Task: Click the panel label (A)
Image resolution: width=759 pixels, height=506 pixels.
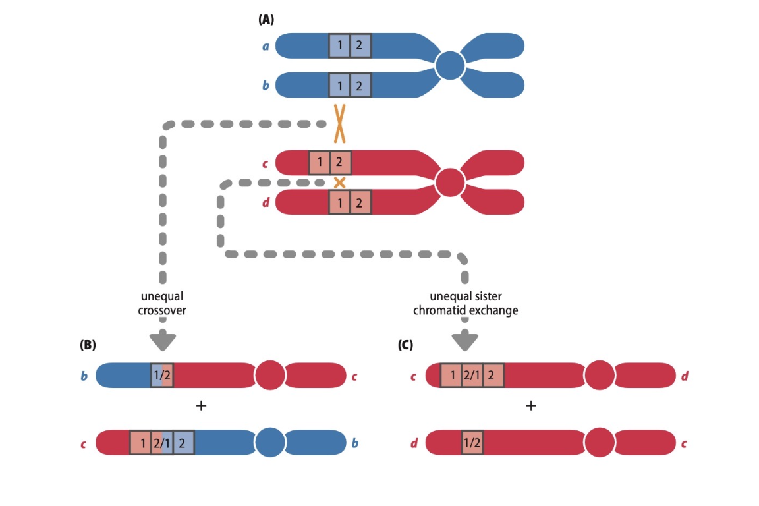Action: coord(266,20)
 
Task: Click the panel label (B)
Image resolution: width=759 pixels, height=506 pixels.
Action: coord(88,344)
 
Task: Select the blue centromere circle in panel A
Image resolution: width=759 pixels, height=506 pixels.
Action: coord(451,65)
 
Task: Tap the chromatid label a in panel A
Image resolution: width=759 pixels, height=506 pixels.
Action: coord(265,47)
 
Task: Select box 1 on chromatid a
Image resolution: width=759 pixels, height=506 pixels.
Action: coord(340,46)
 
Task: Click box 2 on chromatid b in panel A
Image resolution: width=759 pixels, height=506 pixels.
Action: coord(360,86)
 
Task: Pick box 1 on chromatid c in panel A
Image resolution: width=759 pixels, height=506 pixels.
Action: coord(320,162)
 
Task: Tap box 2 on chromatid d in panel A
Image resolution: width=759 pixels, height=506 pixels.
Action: coord(360,202)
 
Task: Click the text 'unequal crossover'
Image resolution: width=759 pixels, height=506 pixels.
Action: coord(162,304)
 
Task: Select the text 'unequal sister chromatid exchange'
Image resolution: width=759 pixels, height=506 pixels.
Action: coord(465,304)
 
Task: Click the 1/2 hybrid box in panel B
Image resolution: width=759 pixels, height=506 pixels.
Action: coord(162,376)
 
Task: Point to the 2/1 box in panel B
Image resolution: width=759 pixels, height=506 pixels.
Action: coord(162,442)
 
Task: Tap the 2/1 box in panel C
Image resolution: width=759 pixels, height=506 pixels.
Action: coord(472,376)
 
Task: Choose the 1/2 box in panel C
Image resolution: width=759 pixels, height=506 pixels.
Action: coord(472,442)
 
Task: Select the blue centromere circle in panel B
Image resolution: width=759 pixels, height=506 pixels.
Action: coord(270,442)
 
